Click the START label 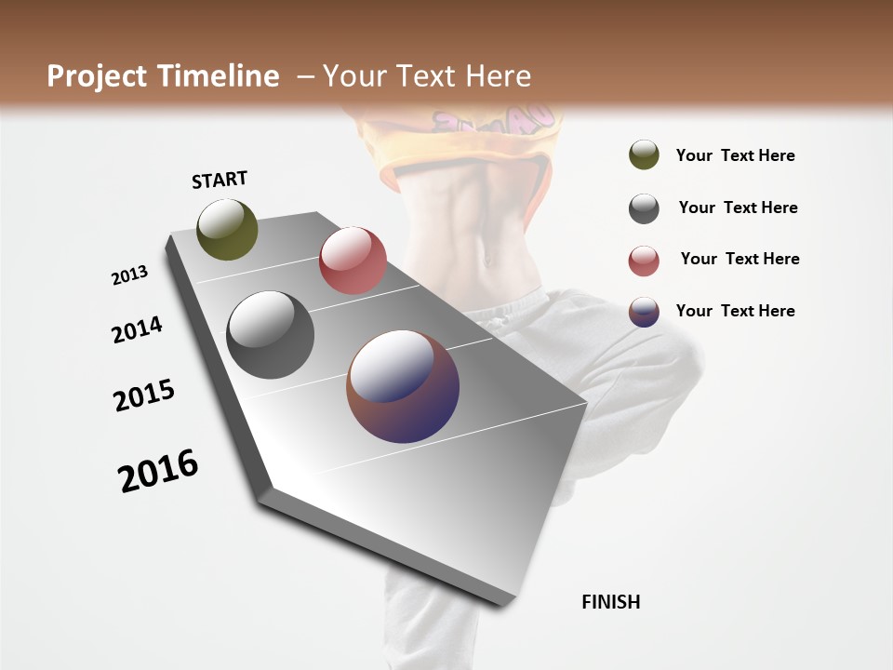(x=220, y=180)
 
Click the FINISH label (x=610, y=602)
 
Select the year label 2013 (x=129, y=275)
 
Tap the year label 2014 (x=137, y=329)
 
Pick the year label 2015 (x=144, y=395)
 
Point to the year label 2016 (x=158, y=471)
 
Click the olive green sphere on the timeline (x=227, y=229)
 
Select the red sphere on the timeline (x=353, y=261)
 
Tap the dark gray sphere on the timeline (x=270, y=335)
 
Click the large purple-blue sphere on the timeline (x=403, y=386)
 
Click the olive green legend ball (x=644, y=155)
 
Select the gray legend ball (x=644, y=208)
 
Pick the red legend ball (x=644, y=261)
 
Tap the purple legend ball (x=644, y=312)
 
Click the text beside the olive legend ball (x=735, y=155)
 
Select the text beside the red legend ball (x=740, y=259)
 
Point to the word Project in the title (x=97, y=76)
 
